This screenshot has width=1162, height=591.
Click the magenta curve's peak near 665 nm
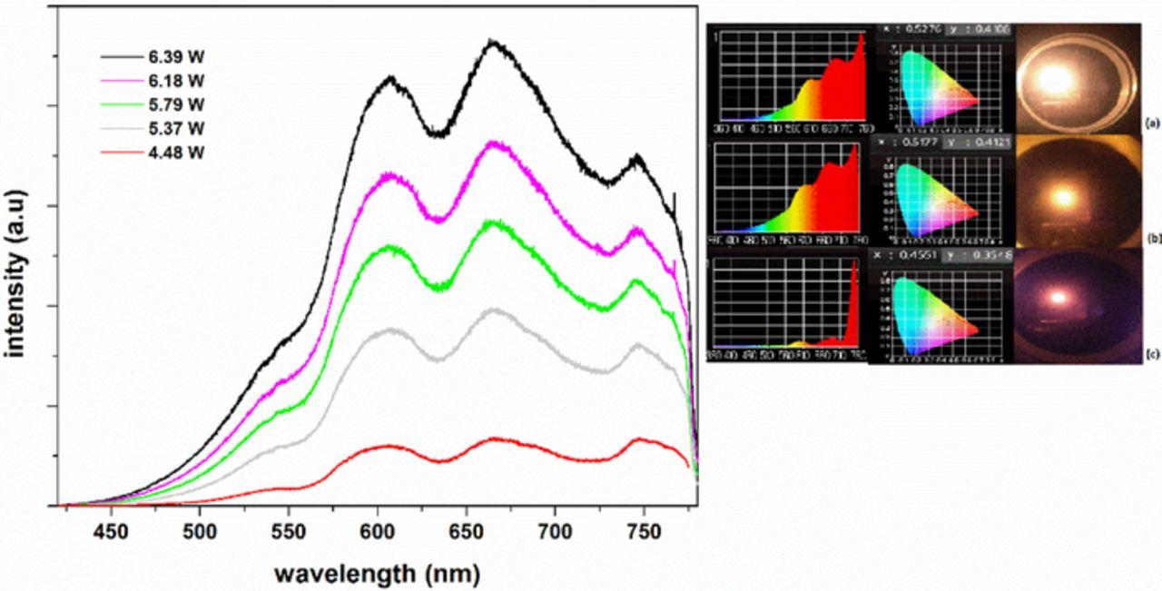coord(493,143)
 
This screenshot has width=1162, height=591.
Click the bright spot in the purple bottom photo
coord(1057,297)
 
